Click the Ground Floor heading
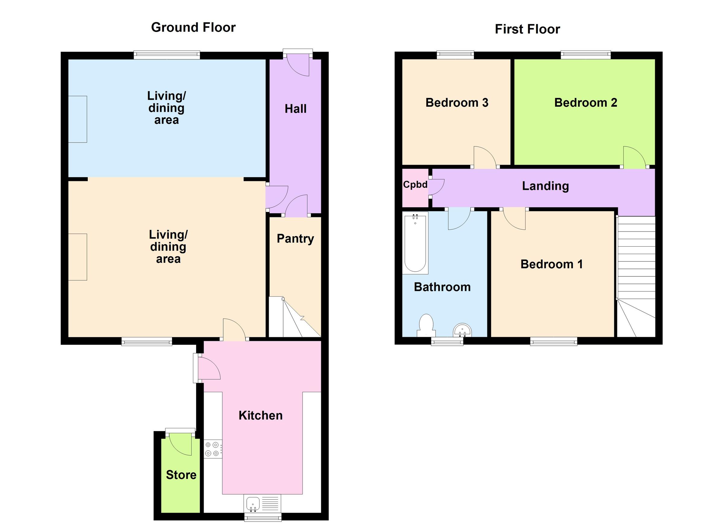pos(193,27)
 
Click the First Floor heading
pos(527,29)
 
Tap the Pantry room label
pos(295,239)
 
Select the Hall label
pos(295,109)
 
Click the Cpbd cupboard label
pos(415,185)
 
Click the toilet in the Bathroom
pos(426,325)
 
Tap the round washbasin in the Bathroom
pos(462,330)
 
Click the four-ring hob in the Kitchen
pos(213,449)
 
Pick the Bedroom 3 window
pos(455,55)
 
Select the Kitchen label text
pos(260,416)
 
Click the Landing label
pos(545,186)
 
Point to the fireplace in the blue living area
pos(78,119)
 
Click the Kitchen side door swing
pos(208,369)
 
